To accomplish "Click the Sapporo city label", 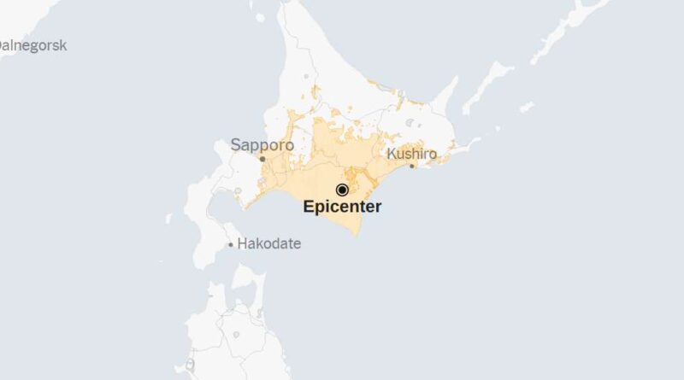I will tap(262, 145).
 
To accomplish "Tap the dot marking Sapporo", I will tap(262, 159).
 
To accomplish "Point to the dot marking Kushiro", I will tap(412, 166).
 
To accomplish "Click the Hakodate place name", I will tap(268, 243).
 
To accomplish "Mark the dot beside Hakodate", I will tap(230, 245).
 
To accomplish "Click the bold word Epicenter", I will tap(342, 207).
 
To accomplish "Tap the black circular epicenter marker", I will tap(342, 190).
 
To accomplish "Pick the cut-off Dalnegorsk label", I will tap(32, 45).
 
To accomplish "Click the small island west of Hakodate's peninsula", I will tap(168, 219).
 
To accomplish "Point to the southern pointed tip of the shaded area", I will tap(353, 234).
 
